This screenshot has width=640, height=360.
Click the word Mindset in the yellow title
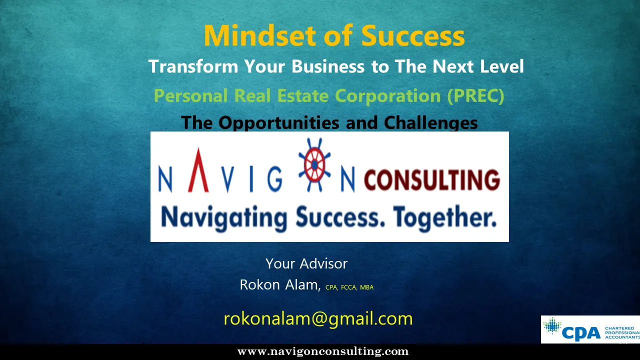[259, 35]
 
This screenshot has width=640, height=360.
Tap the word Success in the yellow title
[413, 35]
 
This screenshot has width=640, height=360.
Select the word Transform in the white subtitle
[193, 66]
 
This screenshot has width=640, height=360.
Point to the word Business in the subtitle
[328, 66]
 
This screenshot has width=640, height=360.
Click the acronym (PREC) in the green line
[475, 95]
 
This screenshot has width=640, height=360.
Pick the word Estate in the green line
[303, 95]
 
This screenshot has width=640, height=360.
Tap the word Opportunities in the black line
[279, 123]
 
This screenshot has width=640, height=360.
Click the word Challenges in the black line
[430, 123]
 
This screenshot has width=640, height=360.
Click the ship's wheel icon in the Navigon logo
[314, 164]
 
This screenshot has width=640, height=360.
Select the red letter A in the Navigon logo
[198, 170]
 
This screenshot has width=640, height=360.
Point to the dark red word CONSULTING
[432, 179]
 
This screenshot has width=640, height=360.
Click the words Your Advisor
[306, 263]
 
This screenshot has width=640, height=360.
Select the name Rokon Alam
[279, 285]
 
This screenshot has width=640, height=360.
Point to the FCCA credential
[348, 287]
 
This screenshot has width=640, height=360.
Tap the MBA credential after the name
[366, 287]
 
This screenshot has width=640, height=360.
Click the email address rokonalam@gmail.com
[318, 319]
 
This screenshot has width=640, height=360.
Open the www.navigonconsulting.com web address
[323, 351]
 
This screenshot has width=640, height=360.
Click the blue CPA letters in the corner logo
[581, 333]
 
